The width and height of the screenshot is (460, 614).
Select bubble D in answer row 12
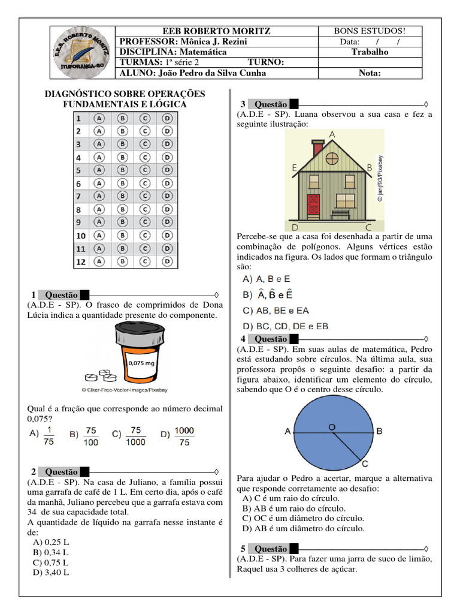click(x=168, y=261)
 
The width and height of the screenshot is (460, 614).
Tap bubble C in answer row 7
click(x=144, y=196)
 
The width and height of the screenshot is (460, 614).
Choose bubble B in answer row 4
click(x=122, y=157)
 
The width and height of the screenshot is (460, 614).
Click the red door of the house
click(x=313, y=204)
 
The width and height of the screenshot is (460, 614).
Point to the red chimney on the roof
click(x=318, y=148)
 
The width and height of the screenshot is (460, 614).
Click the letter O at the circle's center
click(x=331, y=426)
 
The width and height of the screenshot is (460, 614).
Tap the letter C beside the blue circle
click(x=365, y=463)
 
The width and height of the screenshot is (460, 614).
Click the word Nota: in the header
click(x=370, y=73)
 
